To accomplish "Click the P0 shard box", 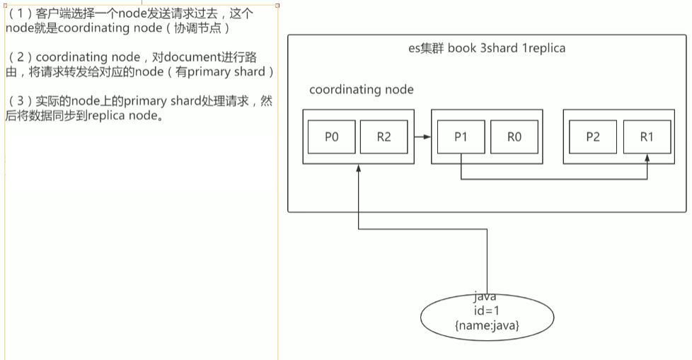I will point(331,137).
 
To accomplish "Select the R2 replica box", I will point(384,137).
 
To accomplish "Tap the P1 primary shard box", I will point(461,137).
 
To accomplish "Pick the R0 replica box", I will point(514,137).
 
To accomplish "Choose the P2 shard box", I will point(593,137).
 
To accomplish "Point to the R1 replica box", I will point(646,137).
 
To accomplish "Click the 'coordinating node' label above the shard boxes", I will point(362,90).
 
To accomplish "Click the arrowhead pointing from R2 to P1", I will point(427,137).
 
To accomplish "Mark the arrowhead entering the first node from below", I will point(359,169).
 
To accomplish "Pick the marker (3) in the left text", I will point(15,101).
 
